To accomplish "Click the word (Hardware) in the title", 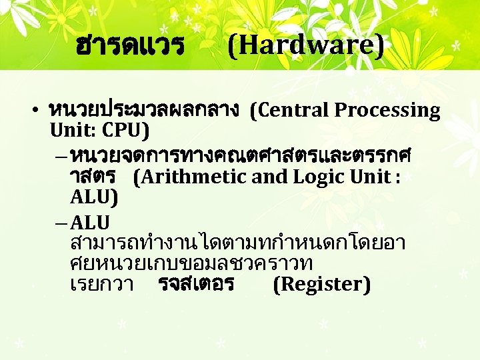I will pyautogui.click(x=306, y=46).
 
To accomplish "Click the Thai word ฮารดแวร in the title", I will pyautogui.click(x=130, y=46).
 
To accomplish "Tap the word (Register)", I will pyautogui.click(x=321, y=284).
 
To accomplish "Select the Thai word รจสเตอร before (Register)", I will pyautogui.click(x=196, y=284).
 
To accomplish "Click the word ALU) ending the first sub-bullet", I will pyautogui.click(x=93, y=197).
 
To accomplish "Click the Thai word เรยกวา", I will pyautogui.click(x=101, y=284).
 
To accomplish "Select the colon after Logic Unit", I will pyautogui.click(x=397, y=177).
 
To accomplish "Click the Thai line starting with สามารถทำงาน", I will pyautogui.click(x=237, y=241).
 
